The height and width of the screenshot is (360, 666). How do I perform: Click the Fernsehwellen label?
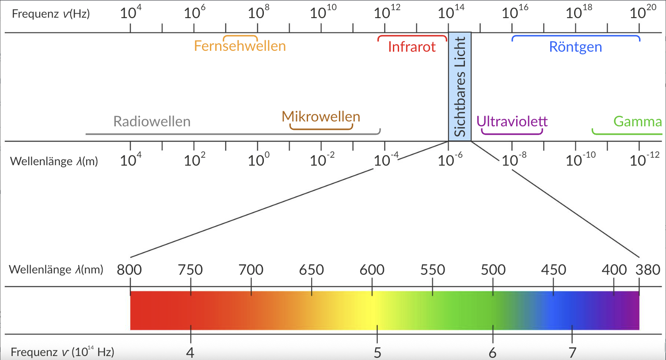(240, 46)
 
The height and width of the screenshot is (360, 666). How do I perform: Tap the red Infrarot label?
(412, 47)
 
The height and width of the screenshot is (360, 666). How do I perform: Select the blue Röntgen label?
(575, 47)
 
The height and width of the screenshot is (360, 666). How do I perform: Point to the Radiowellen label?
(152, 121)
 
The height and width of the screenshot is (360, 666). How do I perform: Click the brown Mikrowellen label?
(321, 117)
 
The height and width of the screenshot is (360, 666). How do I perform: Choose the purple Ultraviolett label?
(512, 121)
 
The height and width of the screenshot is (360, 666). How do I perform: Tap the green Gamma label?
(637, 121)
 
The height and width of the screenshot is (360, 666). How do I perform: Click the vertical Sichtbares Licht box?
(460, 87)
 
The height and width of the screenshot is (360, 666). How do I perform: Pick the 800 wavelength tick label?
(129, 269)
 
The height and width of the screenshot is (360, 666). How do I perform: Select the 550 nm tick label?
(432, 269)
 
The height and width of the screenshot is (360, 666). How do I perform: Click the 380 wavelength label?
(647, 269)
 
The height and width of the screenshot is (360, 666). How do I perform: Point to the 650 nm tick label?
(311, 269)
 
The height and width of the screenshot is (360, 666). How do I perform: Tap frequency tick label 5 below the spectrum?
(377, 352)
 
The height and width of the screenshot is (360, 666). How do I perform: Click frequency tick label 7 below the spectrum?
(572, 352)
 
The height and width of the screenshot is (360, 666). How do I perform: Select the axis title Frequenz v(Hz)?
(51, 14)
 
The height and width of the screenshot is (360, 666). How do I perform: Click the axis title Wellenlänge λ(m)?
(54, 161)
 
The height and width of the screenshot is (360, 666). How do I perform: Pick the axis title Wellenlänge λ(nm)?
(56, 269)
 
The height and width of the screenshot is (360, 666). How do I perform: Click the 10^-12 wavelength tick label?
(644, 159)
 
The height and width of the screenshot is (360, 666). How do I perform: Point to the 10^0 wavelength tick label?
(259, 159)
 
